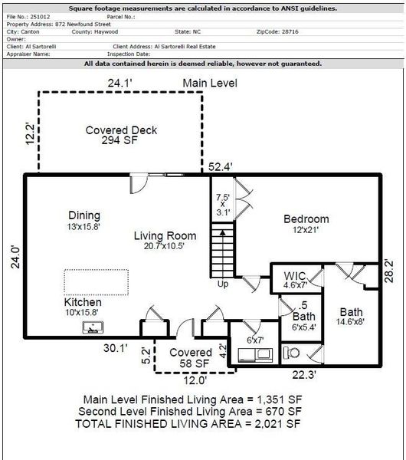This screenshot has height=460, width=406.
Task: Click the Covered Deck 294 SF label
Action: [121, 136]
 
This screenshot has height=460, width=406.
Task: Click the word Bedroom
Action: [306, 219]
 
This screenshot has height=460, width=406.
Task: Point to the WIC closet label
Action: [295, 275]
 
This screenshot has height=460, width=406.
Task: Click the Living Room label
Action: [165, 235]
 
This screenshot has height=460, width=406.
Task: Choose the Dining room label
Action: [84, 215]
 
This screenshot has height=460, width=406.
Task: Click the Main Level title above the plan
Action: [210, 83]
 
